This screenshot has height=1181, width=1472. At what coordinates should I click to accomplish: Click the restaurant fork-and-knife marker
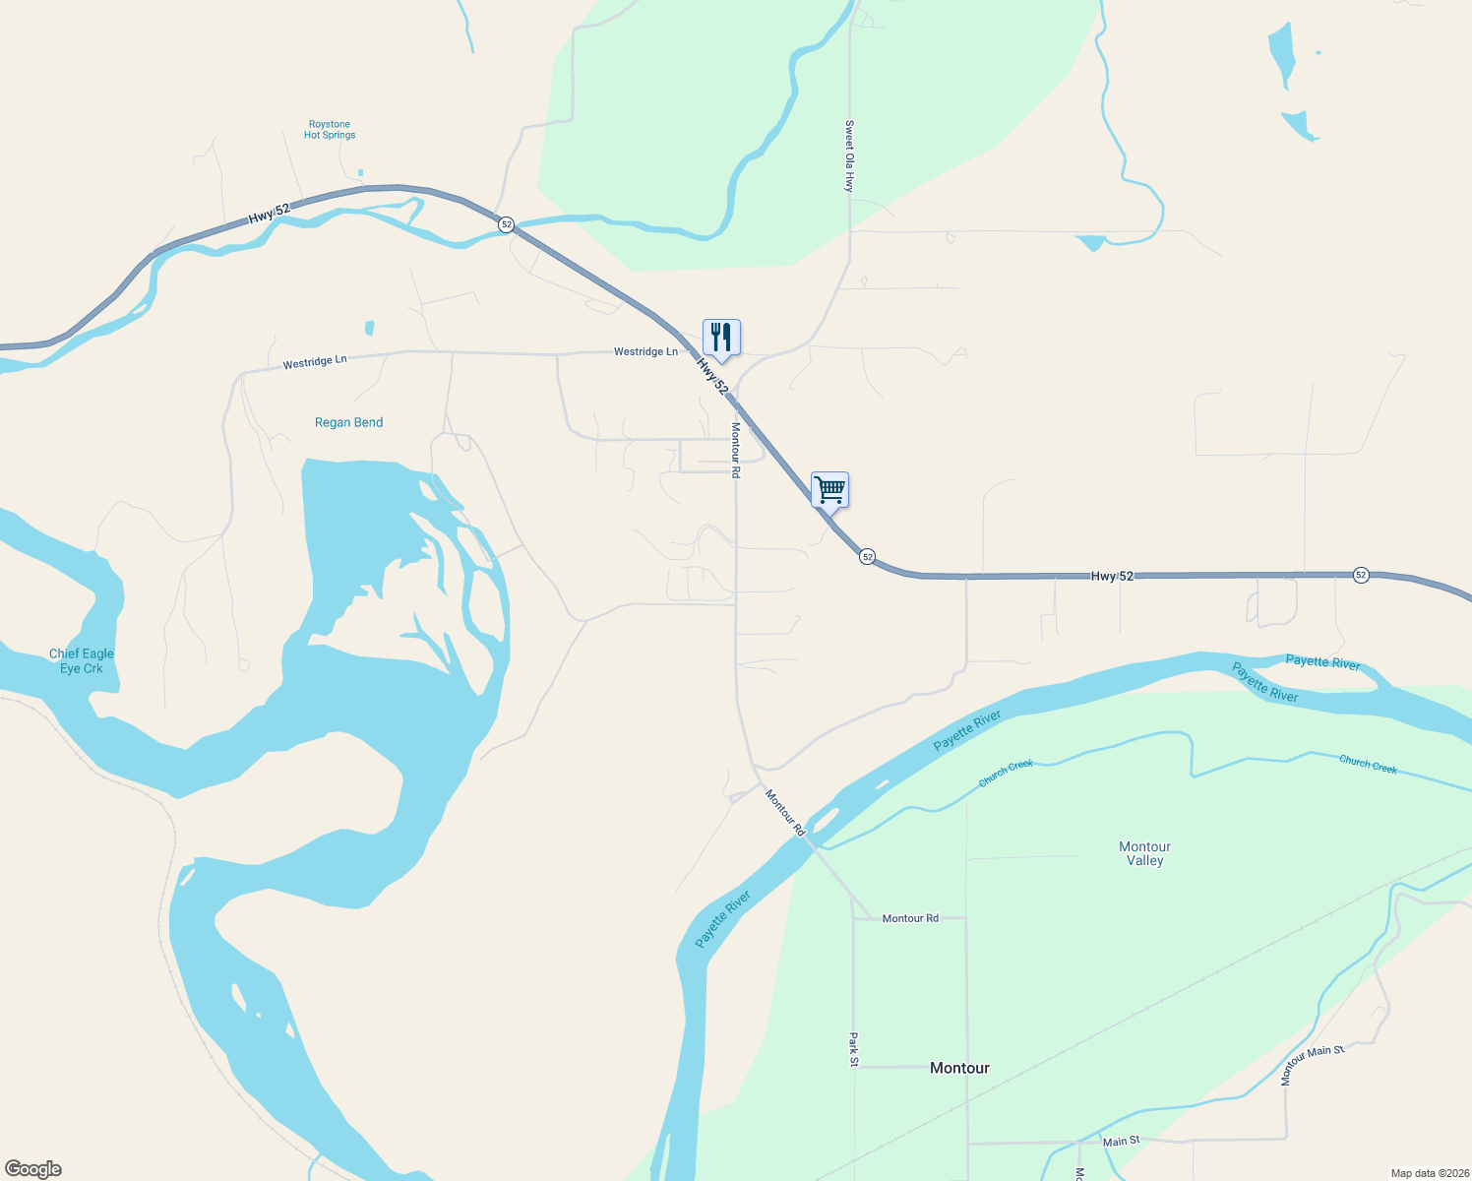[721, 338]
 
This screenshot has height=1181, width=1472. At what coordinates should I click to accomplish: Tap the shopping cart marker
[829, 489]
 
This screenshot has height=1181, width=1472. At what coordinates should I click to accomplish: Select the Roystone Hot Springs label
[330, 130]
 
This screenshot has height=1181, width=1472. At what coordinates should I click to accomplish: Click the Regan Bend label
[348, 422]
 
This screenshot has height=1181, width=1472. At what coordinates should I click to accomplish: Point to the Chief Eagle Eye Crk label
[82, 660]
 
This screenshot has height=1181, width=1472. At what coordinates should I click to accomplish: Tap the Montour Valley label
[1144, 853]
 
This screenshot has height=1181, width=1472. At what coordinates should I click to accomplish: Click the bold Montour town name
[959, 1068]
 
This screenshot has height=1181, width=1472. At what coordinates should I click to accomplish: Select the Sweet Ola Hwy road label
[849, 155]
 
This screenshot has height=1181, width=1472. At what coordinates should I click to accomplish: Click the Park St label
[853, 1049]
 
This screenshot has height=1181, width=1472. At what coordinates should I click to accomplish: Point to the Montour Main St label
[1312, 1065]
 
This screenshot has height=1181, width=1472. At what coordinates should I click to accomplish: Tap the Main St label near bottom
[1121, 1142]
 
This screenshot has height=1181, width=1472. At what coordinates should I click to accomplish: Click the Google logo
[33, 1169]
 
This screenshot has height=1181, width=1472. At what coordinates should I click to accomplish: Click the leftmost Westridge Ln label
[315, 362]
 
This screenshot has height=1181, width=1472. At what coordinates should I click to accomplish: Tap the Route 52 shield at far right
[1361, 575]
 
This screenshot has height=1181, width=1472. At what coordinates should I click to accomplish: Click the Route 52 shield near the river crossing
[506, 224]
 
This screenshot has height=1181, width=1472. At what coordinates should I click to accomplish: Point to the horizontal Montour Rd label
[910, 918]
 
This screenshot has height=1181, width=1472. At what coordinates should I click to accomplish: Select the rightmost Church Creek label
[1368, 764]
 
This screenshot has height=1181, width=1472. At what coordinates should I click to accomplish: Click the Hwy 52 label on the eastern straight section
[1112, 576]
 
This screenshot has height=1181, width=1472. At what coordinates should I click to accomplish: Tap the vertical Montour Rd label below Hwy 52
[735, 450]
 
